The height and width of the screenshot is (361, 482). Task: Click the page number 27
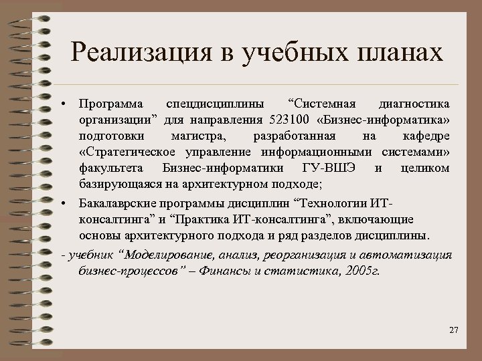click(x=453, y=331)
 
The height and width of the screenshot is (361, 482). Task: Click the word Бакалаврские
click(x=114, y=202)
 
